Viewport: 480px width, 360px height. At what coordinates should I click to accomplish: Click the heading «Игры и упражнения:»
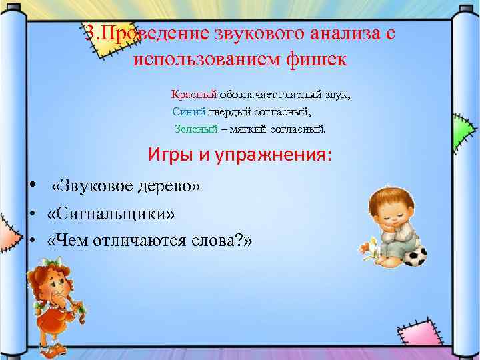pyautogui.click(x=239, y=155)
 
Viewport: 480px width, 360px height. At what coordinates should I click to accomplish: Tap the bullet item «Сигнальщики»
pyautogui.click(x=112, y=213)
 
